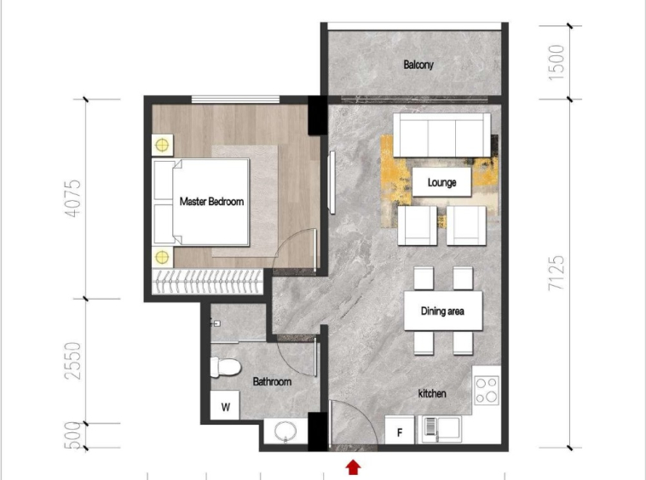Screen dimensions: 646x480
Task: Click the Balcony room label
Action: click(x=418, y=65)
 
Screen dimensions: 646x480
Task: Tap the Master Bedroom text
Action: click(x=211, y=202)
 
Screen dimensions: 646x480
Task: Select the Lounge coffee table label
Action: click(x=441, y=182)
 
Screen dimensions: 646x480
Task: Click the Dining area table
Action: click(x=443, y=311)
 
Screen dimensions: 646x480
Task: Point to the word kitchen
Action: click(x=432, y=394)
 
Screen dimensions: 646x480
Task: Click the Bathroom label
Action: click(x=272, y=381)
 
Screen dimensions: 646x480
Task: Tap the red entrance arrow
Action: click(x=353, y=467)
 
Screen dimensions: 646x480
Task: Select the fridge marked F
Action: click(x=399, y=431)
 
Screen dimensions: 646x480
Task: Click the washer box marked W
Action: click(x=225, y=405)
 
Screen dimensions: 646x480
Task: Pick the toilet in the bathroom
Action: click(x=225, y=367)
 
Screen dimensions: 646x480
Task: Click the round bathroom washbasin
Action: click(x=286, y=431)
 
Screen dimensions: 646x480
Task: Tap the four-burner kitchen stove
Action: click(x=487, y=390)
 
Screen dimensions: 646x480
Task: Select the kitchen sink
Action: click(x=441, y=430)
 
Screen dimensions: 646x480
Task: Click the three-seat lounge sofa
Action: click(x=441, y=135)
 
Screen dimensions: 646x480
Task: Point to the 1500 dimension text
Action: click(x=556, y=62)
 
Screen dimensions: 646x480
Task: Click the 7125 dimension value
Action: click(x=556, y=273)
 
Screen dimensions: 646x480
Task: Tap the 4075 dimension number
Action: click(x=73, y=198)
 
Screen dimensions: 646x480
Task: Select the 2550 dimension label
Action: click(x=73, y=361)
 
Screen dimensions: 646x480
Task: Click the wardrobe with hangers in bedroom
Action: click(x=207, y=282)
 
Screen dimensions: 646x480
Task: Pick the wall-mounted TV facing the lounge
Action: click(x=332, y=182)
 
